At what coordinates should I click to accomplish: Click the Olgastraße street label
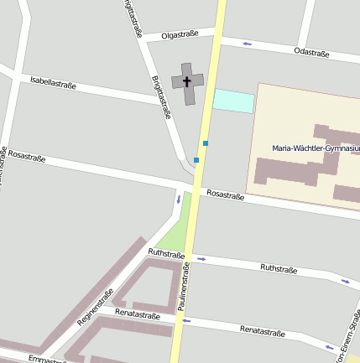click(180, 34)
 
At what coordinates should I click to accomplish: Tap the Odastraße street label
click(311, 53)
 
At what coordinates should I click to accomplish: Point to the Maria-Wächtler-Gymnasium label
click(316, 148)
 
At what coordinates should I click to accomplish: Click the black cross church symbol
click(187, 81)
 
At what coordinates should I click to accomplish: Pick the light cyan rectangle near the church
click(233, 101)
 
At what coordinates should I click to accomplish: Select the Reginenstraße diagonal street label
click(94, 309)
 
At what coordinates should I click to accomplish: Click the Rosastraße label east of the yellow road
click(225, 194)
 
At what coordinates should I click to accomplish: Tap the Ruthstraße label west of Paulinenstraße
click(165, 252)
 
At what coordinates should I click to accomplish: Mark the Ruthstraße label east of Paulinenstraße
click(279, 269)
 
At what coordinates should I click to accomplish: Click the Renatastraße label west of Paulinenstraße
click(138, 314)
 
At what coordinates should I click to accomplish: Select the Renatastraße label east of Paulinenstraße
click(262, 331)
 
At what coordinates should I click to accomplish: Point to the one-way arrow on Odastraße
click(247, 44)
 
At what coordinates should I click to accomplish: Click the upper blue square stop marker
click(205, 143)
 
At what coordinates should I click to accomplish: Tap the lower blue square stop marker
click(196, 159)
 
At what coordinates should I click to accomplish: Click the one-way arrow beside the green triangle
click(178, 200)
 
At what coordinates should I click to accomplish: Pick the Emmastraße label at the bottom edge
click(47, 360)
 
